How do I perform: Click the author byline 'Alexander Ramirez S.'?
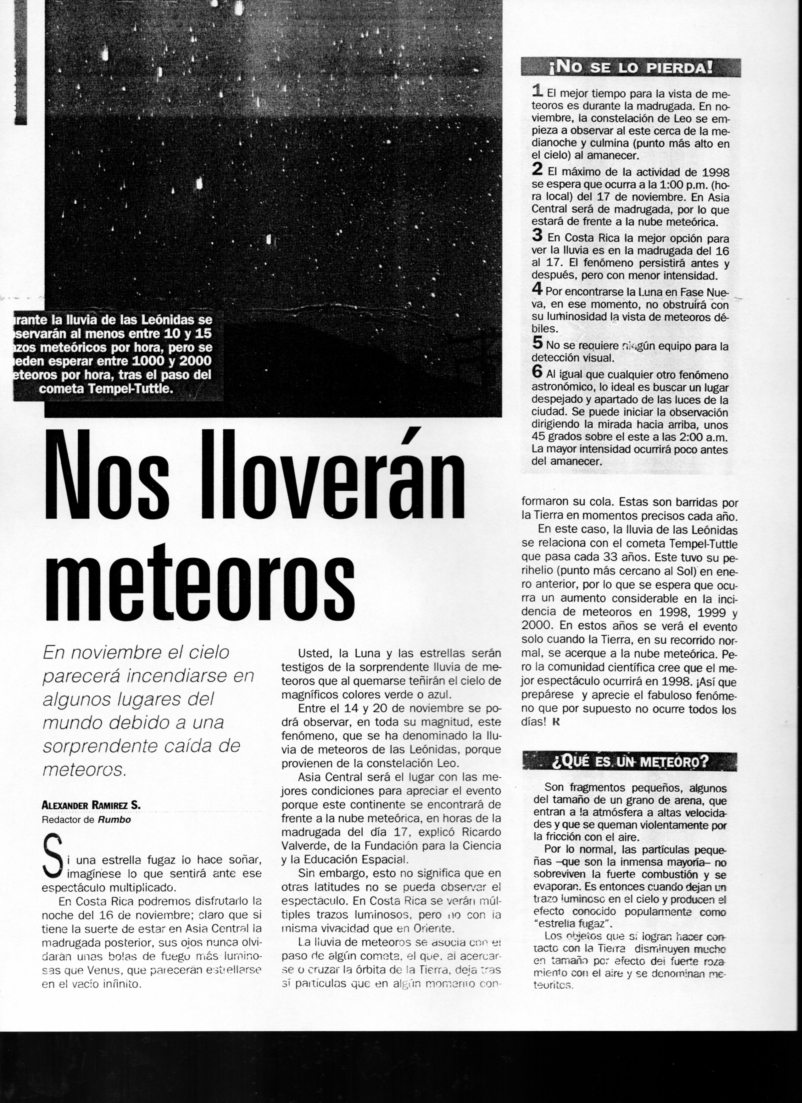tap(92, 805)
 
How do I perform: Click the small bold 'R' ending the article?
tap(557, 722)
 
